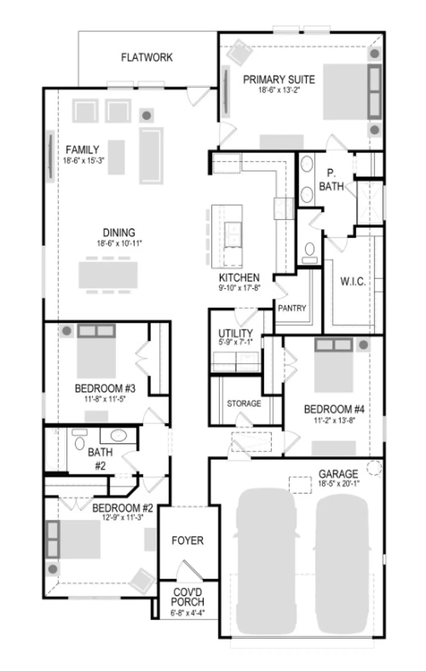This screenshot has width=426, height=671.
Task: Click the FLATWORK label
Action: (x=147, y=57)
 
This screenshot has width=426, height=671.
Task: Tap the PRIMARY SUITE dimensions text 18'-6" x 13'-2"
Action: (x=279, y=90)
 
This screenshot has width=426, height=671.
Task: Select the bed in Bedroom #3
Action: (x=96, y=351)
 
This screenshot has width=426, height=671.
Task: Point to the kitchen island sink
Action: (x=233, y=234)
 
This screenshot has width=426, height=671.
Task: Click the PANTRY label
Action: (x=292, y=308)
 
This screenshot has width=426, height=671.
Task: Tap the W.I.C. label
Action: (x=353, y=282)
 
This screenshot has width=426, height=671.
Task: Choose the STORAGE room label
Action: (x=244, y=403)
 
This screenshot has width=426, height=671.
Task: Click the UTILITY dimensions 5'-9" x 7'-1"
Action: (x=236, y=342)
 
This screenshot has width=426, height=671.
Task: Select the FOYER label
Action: (x=188, y=541)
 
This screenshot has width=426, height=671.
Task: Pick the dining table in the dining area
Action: (x=108, y=275)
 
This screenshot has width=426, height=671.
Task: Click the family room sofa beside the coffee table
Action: (x=151, y=156)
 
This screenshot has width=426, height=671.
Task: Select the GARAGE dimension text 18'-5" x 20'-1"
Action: (x=339, y=484)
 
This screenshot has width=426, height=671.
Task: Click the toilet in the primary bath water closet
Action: (x=310, y=252)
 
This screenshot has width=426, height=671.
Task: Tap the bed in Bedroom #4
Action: (x=334, y=365)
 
